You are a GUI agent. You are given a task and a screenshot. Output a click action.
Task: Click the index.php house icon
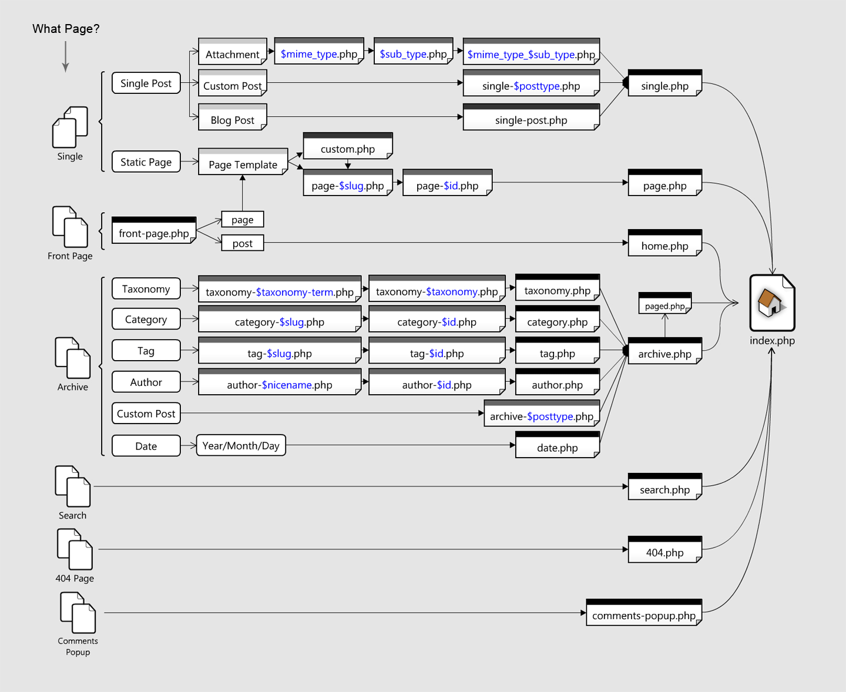coord(772,303)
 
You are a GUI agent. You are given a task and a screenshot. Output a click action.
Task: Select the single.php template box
coord(664,83)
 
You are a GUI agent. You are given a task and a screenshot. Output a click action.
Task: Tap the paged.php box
coord(664,304)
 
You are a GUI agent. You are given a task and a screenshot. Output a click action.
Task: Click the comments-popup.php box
coord(644,613)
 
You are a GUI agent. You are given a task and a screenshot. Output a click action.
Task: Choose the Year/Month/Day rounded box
coord(241,445)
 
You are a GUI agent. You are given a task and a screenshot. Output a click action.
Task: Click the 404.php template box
coord(664,550)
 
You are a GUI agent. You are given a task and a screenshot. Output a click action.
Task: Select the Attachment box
coord(233,52)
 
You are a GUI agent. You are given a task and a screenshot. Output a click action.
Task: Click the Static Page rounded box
coord(146,162)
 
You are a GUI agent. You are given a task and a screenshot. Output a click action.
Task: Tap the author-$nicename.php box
coord(280,382)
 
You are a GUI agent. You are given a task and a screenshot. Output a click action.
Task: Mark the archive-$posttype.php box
coord(542,414)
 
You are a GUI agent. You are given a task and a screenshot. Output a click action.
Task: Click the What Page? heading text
coord(66,29)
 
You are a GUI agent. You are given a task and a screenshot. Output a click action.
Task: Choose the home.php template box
coord(664,243)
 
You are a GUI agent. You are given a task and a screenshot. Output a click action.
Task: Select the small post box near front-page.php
coord(242,243)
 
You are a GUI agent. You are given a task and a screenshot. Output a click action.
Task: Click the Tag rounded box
coord(146,351)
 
